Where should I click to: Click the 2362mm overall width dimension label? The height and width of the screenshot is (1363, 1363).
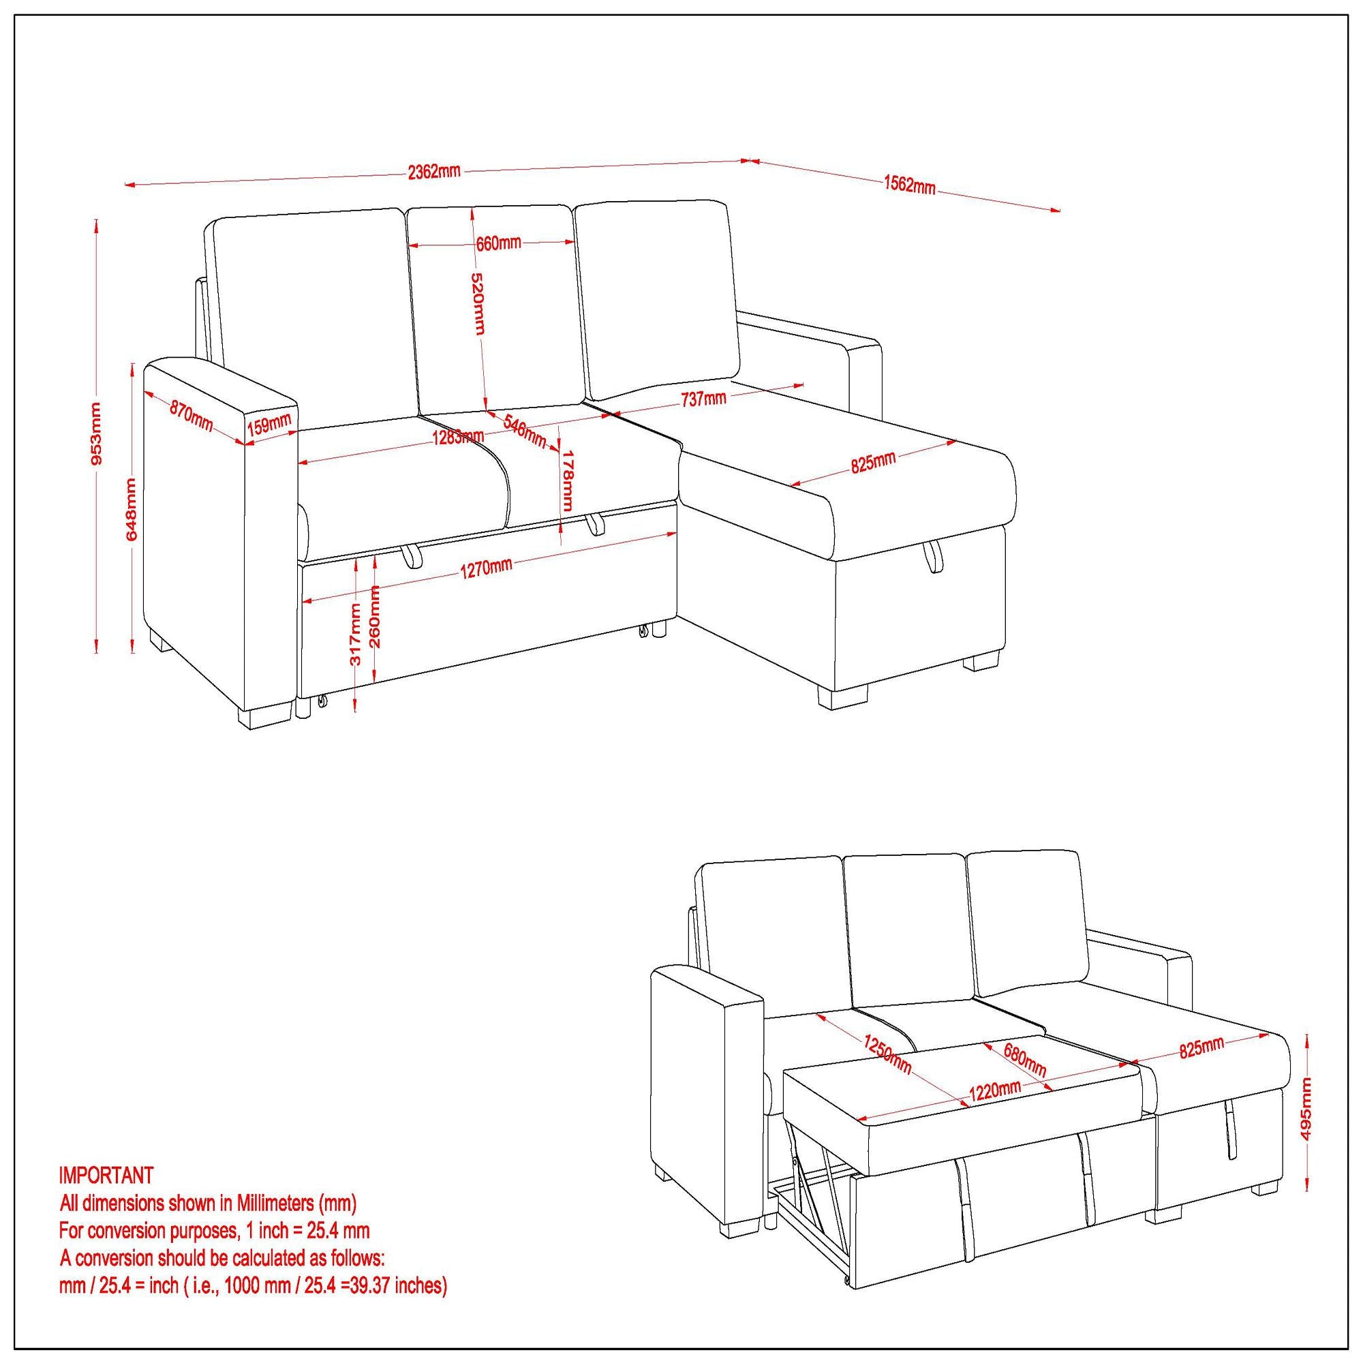[x=434, y=172]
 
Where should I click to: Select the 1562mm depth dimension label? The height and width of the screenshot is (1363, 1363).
[x=909, y=185]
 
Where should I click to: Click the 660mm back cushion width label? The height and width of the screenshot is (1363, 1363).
[x=498, y=243]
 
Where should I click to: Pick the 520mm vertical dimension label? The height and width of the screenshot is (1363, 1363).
[x=478, y=303]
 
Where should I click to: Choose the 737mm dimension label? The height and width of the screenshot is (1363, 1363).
[x=703, y=399]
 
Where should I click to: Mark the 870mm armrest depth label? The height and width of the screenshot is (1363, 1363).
[x=191, y=417]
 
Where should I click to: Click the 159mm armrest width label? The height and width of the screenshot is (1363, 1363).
[x=269, y=425]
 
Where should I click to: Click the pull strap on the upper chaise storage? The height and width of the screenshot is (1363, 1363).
[x=933, y=557]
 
